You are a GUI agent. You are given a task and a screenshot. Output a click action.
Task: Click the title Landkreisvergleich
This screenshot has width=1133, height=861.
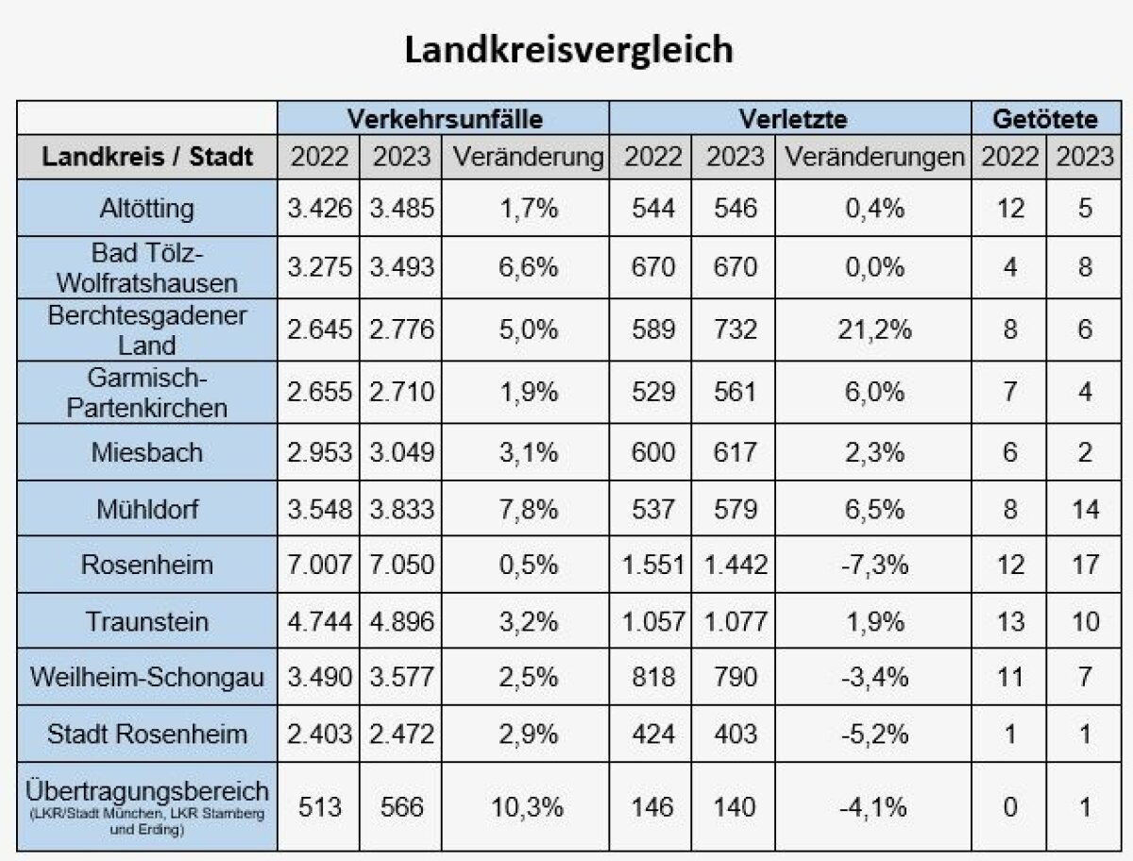coord(568,50)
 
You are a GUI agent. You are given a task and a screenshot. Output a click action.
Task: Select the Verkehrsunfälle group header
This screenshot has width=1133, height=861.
coord(445,119)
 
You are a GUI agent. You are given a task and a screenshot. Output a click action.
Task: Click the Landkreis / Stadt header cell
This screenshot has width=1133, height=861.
coord(148,157)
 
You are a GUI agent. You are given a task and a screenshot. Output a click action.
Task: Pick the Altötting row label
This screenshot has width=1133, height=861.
coord(148,208)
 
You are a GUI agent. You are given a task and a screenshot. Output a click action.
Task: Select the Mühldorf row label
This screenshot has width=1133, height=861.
coord(148,510)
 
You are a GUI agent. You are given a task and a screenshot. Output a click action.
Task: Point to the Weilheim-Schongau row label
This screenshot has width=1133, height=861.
coord(148,678)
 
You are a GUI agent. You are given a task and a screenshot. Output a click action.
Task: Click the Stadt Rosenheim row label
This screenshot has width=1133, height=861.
coord(148,734)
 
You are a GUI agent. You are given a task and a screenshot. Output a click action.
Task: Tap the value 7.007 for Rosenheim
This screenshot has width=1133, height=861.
coord(320,565)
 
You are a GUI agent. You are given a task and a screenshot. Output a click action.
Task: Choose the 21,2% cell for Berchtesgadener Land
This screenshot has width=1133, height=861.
coord(874,330)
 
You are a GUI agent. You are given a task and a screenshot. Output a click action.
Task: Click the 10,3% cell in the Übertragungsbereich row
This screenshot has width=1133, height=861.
coord(527,807)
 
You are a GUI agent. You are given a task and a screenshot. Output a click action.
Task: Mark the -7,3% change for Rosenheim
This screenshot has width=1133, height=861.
coord(874,565)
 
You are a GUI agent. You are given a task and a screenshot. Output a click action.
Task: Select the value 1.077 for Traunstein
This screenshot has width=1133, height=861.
coord(736,621)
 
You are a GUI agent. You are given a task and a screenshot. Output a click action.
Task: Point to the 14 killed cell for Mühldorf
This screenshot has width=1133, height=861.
coord(1085,510)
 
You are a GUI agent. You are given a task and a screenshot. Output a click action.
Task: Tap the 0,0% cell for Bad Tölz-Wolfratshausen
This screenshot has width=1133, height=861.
coord(874,268)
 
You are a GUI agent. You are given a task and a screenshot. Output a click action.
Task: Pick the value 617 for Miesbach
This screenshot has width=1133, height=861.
coord(736,452)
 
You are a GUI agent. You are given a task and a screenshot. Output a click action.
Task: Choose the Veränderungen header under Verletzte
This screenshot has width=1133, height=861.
coord(874,157)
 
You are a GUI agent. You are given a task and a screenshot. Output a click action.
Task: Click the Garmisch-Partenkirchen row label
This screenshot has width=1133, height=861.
coord(148,393)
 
